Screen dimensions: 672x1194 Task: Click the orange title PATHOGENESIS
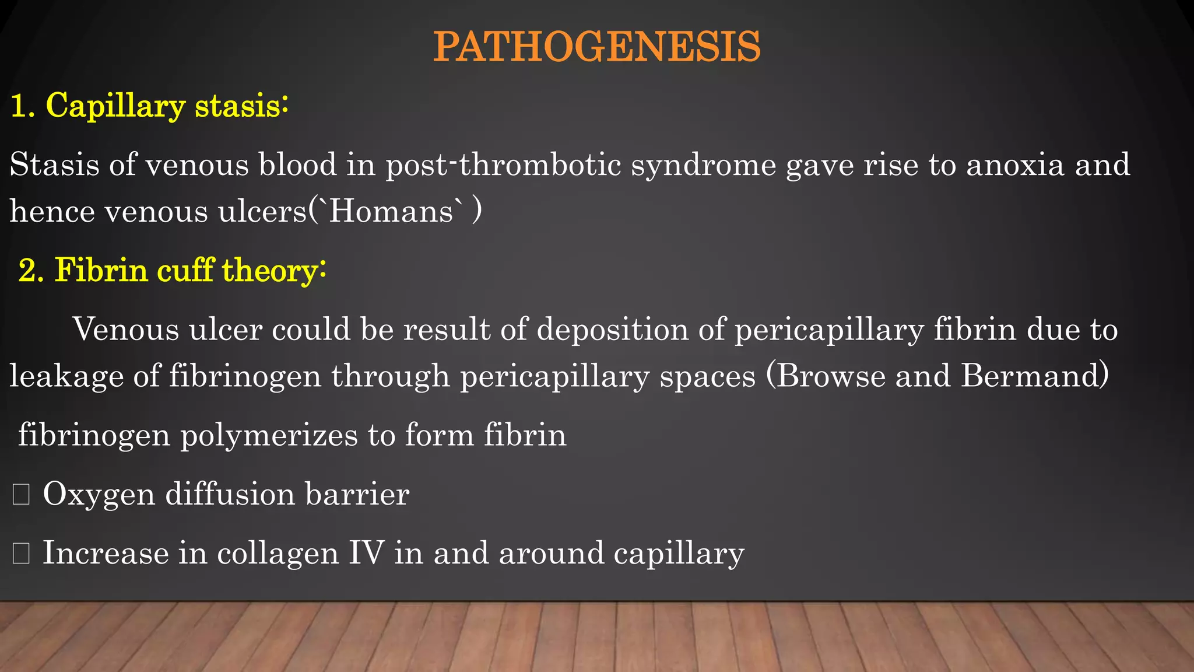pos(596,47)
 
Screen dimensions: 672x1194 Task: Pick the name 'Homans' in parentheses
pos(392,211)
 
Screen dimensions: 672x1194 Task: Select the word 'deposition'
pos(612,330)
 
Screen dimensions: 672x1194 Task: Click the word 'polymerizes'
pos(269,436)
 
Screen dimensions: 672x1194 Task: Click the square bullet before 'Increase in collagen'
pos(21,553)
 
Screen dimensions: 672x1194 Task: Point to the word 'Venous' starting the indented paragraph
pos(126,330)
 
